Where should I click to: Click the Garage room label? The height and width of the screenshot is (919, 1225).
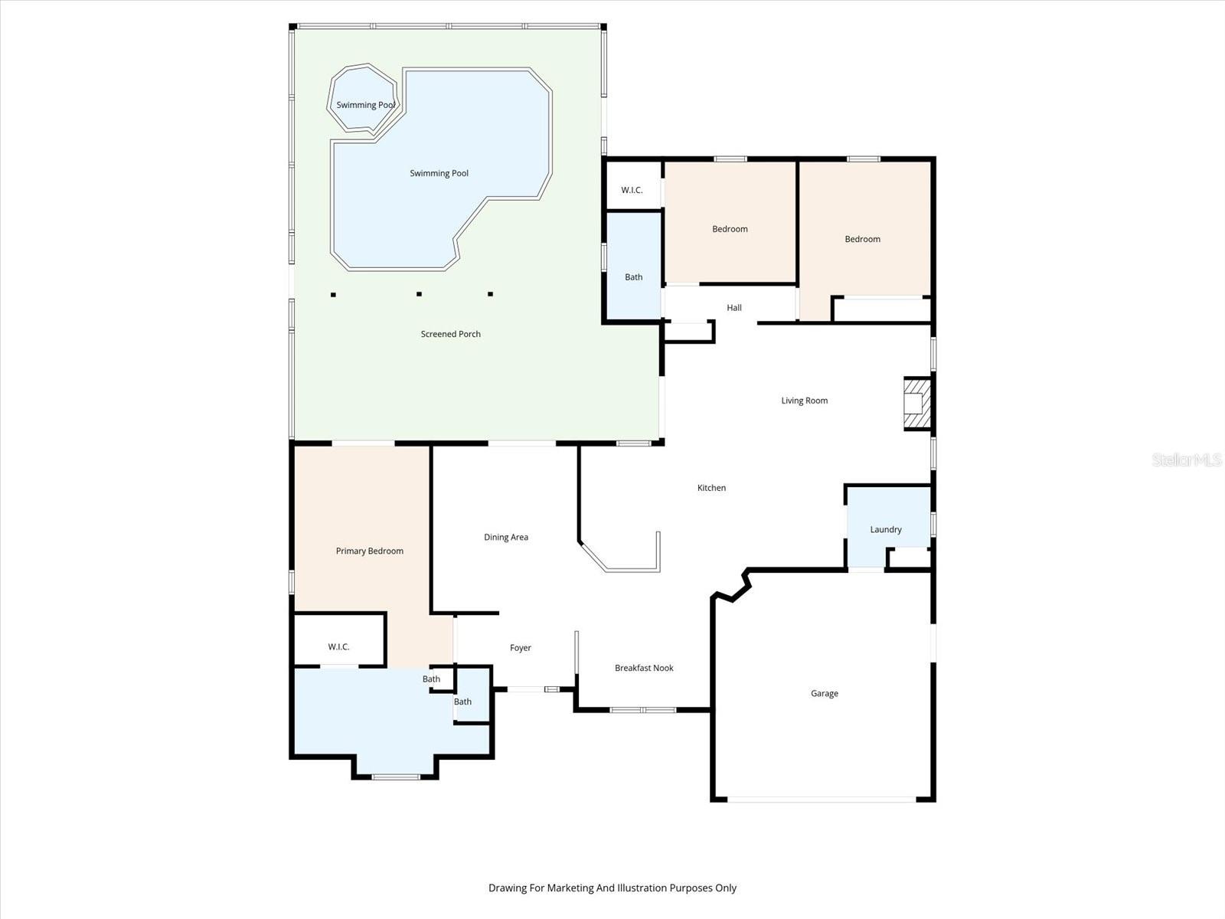pos(825,693)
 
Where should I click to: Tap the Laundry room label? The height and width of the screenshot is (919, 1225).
pos(886,529)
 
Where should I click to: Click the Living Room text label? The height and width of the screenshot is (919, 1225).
pos(804,401)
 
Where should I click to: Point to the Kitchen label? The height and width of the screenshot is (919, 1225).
pos(711,488)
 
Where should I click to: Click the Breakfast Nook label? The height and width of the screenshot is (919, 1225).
pos(644,668)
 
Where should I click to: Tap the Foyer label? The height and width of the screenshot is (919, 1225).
pos(520,648)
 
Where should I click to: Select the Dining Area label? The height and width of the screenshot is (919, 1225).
pos(506,537)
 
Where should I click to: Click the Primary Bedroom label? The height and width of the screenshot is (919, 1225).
pos(369,551)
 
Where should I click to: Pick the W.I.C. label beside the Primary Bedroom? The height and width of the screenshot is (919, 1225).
pos(338,647)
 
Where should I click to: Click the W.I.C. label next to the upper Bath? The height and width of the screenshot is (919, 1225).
pos(632,190)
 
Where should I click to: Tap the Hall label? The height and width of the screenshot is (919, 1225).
pos(734,308)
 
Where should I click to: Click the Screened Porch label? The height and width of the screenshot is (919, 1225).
pos(450,334)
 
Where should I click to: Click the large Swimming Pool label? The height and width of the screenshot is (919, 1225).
pos(439,173)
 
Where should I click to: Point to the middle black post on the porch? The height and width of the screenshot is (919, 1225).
pos(419,293)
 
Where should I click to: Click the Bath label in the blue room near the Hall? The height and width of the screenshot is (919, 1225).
pos(633,277)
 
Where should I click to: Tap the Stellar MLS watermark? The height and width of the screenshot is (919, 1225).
pos(1187,459)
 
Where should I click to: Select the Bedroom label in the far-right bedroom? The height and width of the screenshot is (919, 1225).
pos(862,239)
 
